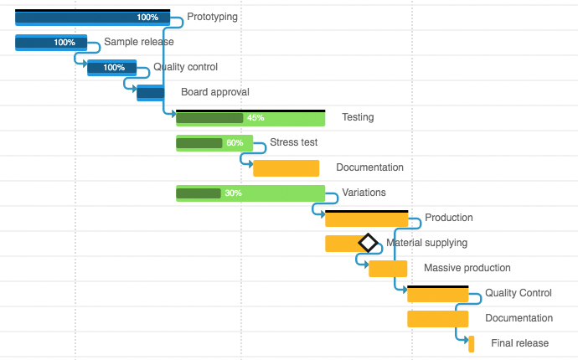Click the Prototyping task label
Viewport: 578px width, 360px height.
click(x=212, y=17)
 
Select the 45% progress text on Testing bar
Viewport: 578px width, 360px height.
click(x=255, y=118)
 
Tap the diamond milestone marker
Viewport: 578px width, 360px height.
click(x=368, y=243)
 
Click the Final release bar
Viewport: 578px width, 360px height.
click(x=472, y=344)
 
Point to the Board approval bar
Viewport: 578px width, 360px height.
click(x=151, y=93)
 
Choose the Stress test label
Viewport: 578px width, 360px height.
click(x=293, y=142)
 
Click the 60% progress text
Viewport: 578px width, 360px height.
click(x=235, y=143)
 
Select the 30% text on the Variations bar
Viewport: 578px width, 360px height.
click(x=233, y=193)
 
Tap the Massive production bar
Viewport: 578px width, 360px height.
click(x=388, y=269)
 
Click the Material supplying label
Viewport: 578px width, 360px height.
click(x=426, y=243)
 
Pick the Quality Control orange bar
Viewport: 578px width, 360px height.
click(x=437, y=294)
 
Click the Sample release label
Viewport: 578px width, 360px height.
click(x=139, y=42)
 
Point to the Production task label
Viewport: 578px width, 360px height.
click(x=448, y=218)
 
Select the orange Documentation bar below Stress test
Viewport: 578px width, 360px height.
click(x=286, y=168)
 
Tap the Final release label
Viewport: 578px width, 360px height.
click(x=519, y=343)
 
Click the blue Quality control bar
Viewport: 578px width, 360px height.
click(x=111, y=68)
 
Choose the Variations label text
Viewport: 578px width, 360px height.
click(x=364, y=193)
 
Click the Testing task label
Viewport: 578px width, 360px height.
click(x=358, y=117)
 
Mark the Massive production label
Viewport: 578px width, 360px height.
click(x=467, y=268)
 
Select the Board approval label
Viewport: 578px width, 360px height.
click(x=214, y=92)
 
